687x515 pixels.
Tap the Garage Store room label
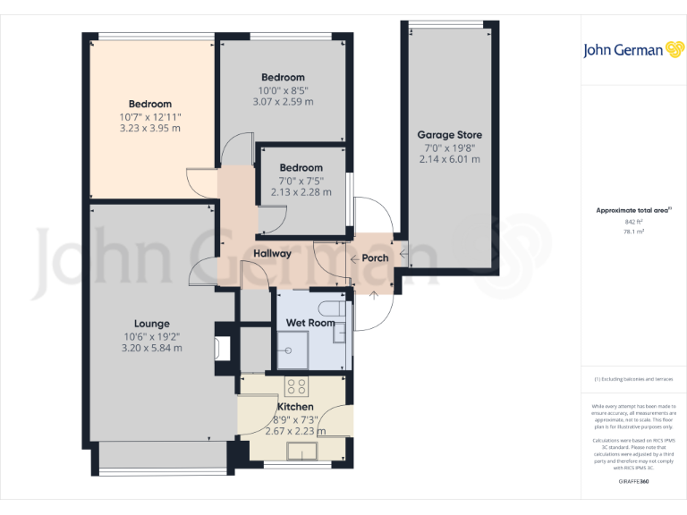click(x=449, y=135)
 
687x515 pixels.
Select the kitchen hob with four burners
click(x=296, y=386)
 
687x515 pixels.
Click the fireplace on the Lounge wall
click(x=222, y=349)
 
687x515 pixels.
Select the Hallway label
click(x=271, y=254)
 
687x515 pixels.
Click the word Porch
click(x=375, y=258)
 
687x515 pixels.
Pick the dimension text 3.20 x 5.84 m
click(x=151, y=348)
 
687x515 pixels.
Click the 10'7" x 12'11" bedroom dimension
click(x=149, y=116)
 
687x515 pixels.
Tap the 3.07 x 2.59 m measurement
click(x=282, y=102)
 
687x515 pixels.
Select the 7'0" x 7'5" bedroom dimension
click(x=301, y=180)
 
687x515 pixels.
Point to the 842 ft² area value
click(x=633, y=221)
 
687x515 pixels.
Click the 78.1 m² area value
click(x=633, y=231)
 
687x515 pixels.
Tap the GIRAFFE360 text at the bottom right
click(x=633, y=482)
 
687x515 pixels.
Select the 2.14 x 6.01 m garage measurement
click(x=449, y=159)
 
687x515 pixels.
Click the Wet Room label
click(x=310, y=323)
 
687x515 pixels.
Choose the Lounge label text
click(x=152, y=324)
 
